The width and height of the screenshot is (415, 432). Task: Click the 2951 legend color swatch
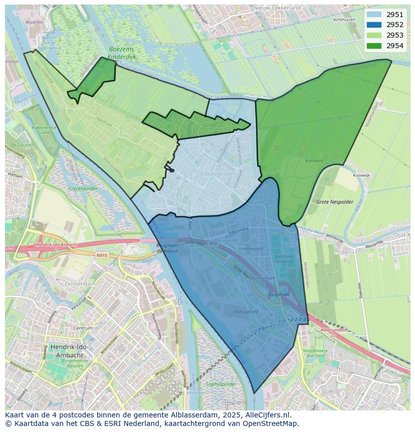point(373,15)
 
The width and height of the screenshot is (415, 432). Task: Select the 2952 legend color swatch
point(373,25)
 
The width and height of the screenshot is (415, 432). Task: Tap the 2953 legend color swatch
point(373,35)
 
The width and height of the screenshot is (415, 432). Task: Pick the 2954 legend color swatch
point(373,46)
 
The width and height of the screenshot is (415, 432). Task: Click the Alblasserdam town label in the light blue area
point(218,174)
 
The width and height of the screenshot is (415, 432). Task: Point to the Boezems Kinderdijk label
point(123,53)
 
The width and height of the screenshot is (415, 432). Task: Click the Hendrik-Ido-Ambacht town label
point(62,351)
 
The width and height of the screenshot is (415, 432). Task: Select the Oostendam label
point(80,284)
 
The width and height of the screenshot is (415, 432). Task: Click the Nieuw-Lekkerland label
point(277,8)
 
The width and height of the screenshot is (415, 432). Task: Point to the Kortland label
point(314,161)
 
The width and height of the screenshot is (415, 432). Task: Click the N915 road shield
point(102,255)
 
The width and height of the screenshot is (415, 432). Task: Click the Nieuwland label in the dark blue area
point(247,312)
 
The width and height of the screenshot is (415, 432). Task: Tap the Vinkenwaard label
point(251,248)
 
